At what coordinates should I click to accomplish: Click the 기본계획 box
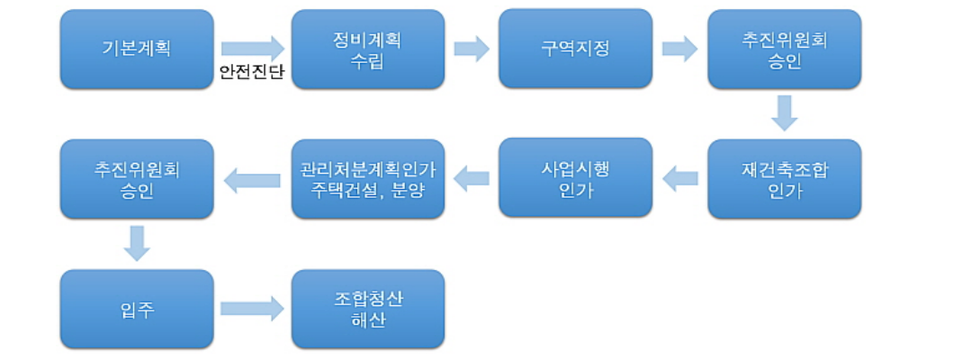click(x=137, y=49)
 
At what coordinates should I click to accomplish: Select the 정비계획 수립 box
click(x=368, y=49)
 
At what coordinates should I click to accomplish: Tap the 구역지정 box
click(x=575, y=49)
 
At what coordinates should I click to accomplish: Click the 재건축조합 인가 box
click(x=784, y=178)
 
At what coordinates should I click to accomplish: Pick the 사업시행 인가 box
click(x=575, y=178)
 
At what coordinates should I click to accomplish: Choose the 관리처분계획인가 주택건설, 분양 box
click(x=368, y=178)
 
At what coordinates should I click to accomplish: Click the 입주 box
click(x=137, y=309)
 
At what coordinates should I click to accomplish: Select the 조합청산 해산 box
click(x=368, y=309)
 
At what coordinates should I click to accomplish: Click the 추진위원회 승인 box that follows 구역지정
click(x=784, y=49)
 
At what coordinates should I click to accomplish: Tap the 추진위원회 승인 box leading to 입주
click(x=137, y=178)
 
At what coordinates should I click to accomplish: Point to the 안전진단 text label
click(x=252, y=72)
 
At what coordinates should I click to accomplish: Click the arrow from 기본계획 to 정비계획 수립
click(x=252, y=47)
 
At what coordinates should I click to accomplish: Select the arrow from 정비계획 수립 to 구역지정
click(x=472, y=48)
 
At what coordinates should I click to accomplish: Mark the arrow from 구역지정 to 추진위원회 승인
click(x=679, y=48)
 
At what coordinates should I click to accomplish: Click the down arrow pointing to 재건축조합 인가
click(x=784, y=112)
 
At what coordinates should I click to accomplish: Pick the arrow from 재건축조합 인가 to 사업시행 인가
click(x=679, y=179)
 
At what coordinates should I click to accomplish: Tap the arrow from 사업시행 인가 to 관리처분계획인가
click(x=472, y=179)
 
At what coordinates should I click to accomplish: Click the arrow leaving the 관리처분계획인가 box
click(x=252, y=179)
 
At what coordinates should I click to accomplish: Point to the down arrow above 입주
click(x=137, y=242)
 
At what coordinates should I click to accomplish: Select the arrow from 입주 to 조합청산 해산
click(x=252, y=309)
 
